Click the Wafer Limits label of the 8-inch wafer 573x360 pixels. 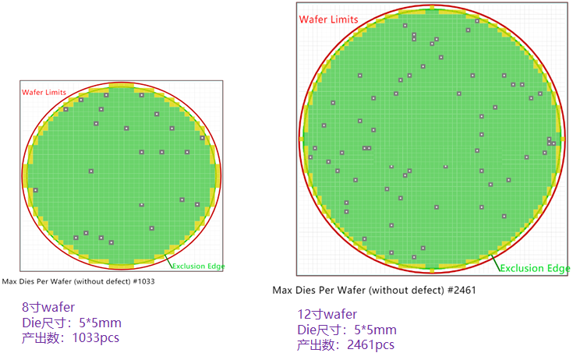point(44,92)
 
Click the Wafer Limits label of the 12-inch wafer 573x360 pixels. point(329,19)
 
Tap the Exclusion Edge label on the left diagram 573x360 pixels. point(198,266)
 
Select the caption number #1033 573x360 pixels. point(143,282)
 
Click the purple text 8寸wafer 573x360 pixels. point(48,307)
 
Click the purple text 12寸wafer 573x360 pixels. point(327,314)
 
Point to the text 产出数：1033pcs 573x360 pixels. point(71,337)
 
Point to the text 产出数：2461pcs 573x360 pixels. point(346,344)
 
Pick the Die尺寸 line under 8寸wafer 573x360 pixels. point(72,322)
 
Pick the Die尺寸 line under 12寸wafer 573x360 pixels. point(347,330)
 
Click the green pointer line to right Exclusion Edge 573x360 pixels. point(495,261)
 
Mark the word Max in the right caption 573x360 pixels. point(284,290)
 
